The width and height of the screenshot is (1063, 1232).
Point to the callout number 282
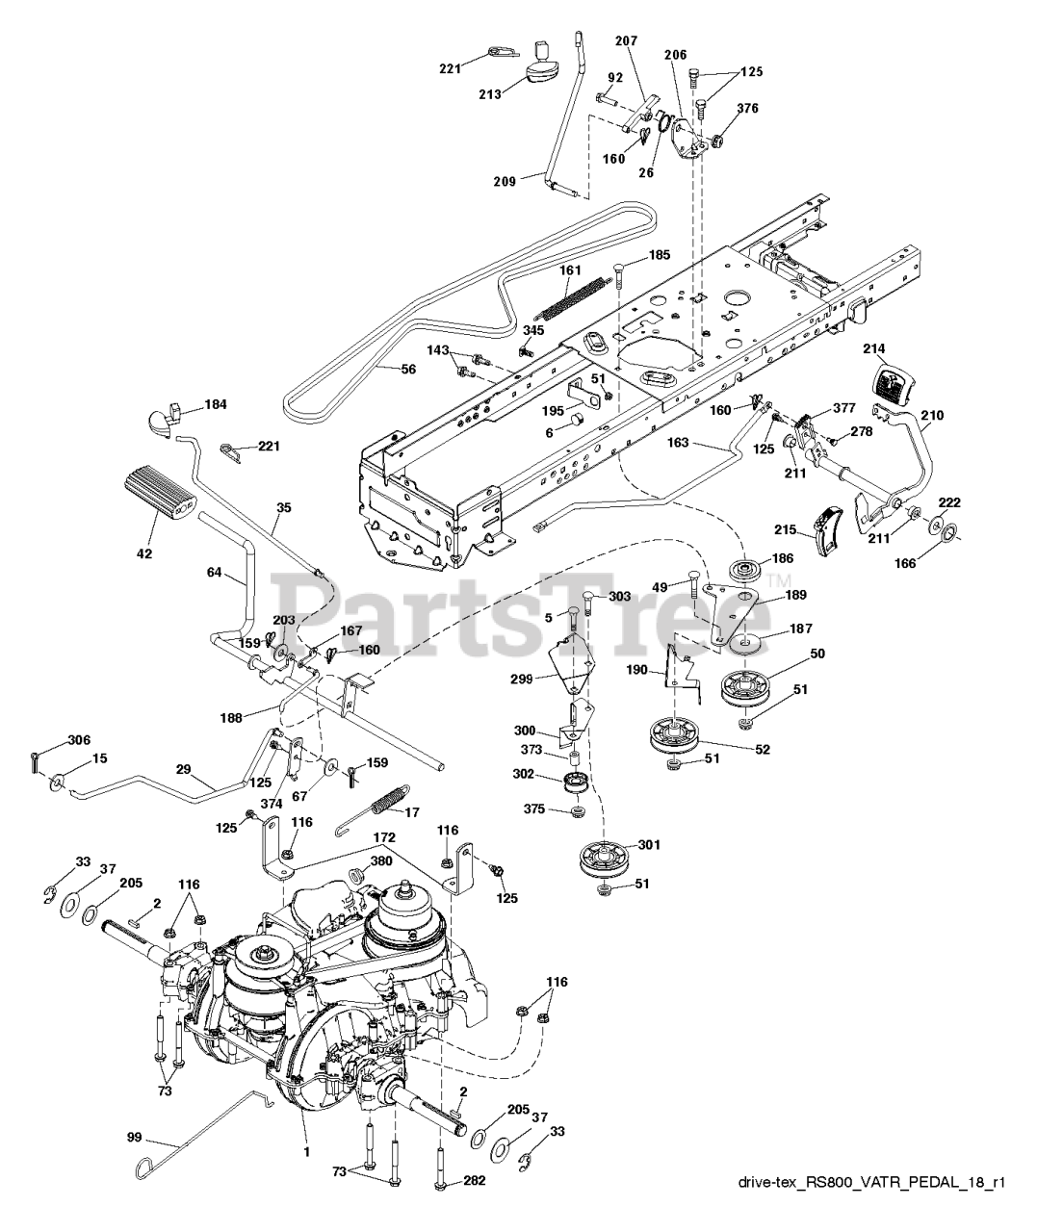473,1180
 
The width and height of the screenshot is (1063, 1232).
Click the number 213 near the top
489,94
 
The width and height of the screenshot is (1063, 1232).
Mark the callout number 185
659,256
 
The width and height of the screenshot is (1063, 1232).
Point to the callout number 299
520,679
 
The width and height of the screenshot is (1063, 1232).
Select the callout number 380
380,862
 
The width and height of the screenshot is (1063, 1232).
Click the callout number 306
79,740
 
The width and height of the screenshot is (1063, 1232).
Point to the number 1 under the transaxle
306,1148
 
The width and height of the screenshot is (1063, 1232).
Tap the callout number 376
747,109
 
